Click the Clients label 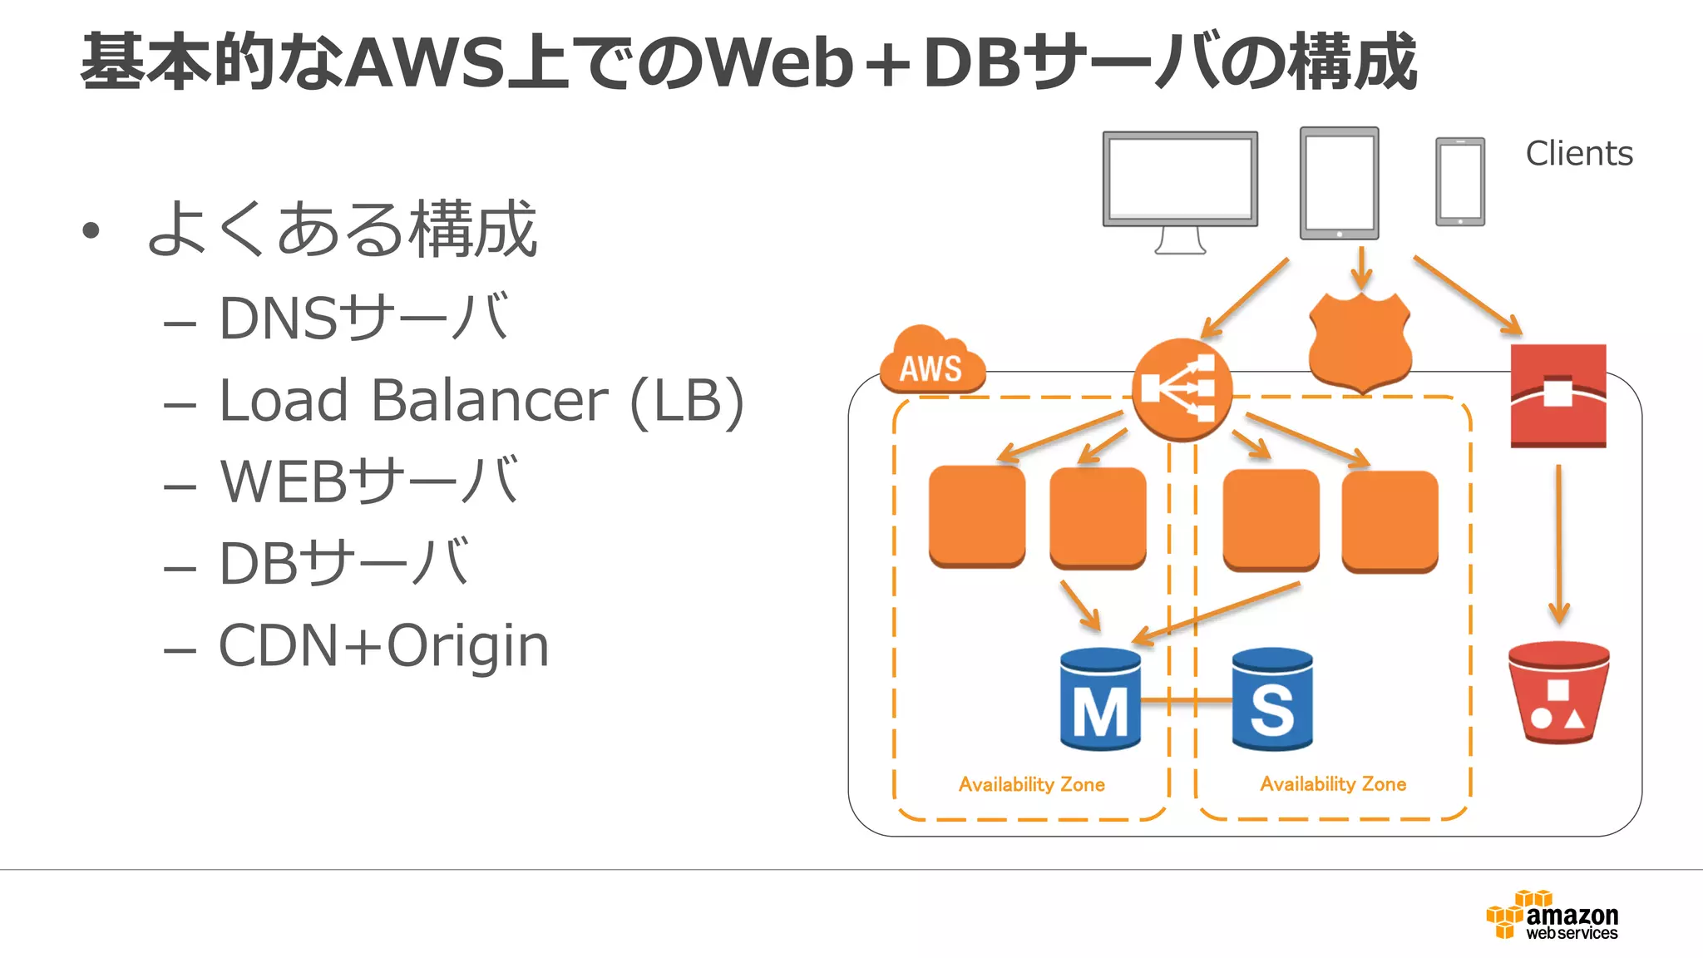click(x=1578, y=154)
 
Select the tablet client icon click(x=1339, y=183)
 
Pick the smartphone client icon click(x=1460, y=181)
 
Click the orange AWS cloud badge click(x=931, y=363)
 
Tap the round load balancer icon click(x=1181, y=389)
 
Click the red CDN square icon click(x=1557, y=396)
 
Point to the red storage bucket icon click(x=1558, y=692)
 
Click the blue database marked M click(x=1100, y=700)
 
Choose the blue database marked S click(x=1272, y=700)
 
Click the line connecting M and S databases click(x=1187, y=700)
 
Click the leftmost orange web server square click(x=977, y=516)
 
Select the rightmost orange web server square click(x=1390, y=521)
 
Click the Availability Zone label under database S click(x=1333, y=784)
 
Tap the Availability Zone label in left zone click(x=1031, y=784)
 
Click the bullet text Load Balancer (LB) click(x=481, y=402)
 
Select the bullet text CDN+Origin click(x=383, y=646)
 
